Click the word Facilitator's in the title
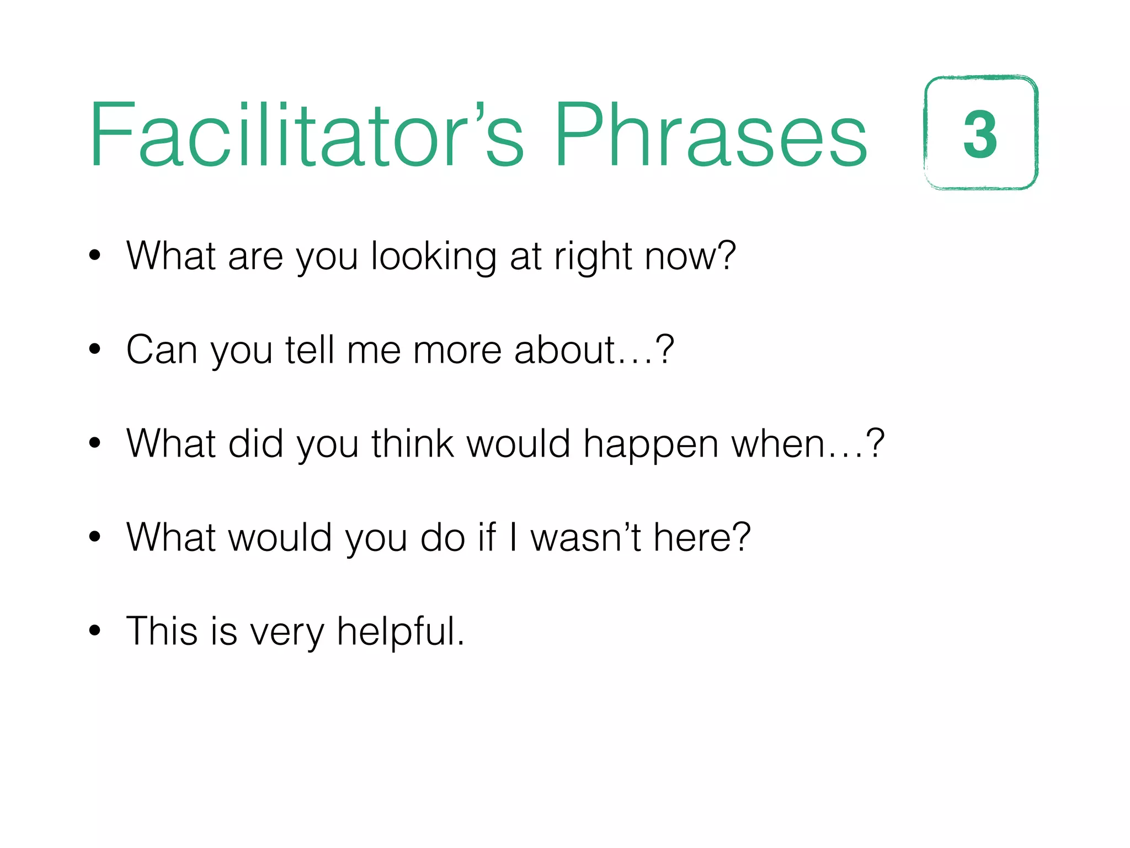pyautogui.click(x=306, y=135)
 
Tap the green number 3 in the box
pyautogui.click(x=980, y=134)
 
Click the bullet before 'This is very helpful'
pyautogui.click(x=95, y=630)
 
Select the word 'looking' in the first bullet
pyautogui.click(x=434, y=257)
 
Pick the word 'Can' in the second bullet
pyautogui.click(x=162, y=350)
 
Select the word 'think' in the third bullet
pyautogui.click(x=413, y=444)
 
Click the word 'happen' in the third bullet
pyautogui.click(x=651, y=445)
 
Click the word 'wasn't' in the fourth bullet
pyautogui.click(x=585, y=538)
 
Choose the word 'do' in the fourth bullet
pyautogui.click(x=443, y=538)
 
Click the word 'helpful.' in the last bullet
pyautogui.click(x=401, y=632)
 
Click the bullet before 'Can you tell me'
pyautogui.click(x=95, y=349)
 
